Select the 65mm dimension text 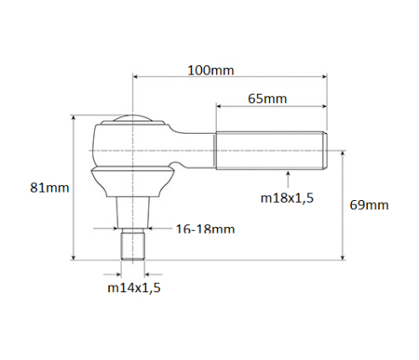267,99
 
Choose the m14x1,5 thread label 134,288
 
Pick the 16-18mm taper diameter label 205,229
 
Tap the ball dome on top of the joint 132,118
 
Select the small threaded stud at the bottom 132,245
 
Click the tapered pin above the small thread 132,211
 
